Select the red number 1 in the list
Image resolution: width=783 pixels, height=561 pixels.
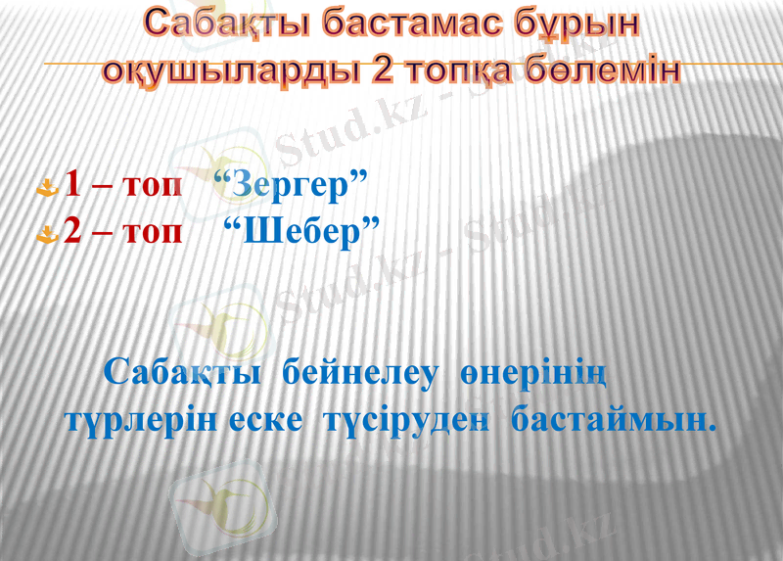pos(73,185)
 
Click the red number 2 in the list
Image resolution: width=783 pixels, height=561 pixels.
pos(73,233)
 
